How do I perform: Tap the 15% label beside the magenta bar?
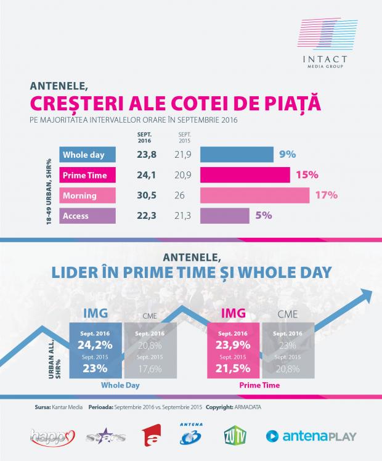pyautogui.click(x=307, y=175)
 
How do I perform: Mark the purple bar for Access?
pyautogui.click(x=225, y=216)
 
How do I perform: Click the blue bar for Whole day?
pyautogui.click(x=237, y=155)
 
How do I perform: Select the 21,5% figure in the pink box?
pyautogui.click(x=236, y=369)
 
